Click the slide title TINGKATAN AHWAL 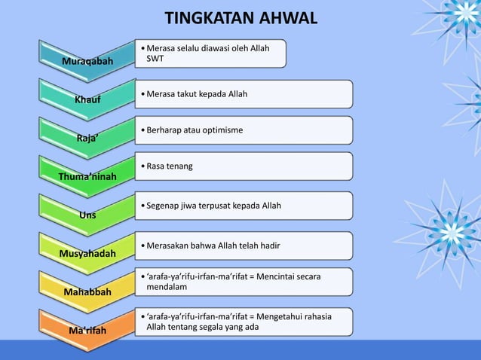[240, 17]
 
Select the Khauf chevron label [87, 99]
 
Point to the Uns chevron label [87, 215]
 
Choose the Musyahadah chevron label [87, 254]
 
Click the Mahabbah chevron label [87, 291]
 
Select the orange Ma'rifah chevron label [87, 331]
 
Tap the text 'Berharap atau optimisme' [195, 130]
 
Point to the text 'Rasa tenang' [169, 165]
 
